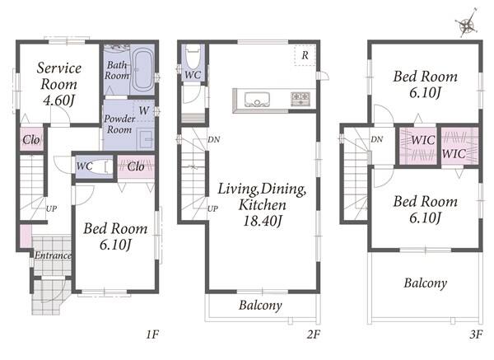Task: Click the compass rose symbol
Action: pos(467,24)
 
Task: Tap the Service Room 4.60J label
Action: pos(59,84)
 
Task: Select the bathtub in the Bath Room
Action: pos(142,69)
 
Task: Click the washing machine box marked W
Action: pos(144,110)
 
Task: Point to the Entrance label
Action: pos(53,255)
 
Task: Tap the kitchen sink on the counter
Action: pos(257,100)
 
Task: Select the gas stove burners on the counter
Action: pos(301,99)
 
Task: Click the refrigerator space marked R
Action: pos(305,55)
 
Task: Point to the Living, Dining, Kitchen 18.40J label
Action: pos(262,204)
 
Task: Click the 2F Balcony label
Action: pos(260,305)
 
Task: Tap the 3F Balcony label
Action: pos(426,283)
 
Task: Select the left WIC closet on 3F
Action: pos(418,146)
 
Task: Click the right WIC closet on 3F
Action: pos(459,146)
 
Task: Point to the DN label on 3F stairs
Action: pos(377,139)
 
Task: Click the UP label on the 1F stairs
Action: pos(51,208)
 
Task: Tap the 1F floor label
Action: pos(152,334)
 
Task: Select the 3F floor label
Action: pos(476,334)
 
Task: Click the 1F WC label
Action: pos(85,166)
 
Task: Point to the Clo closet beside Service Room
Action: pos(31,139)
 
